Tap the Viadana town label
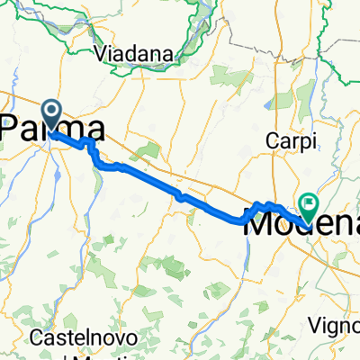(131, 52)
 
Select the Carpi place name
(286, 142)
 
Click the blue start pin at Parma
(50, 114)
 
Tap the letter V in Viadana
(99, 52)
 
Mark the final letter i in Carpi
(303, 142)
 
